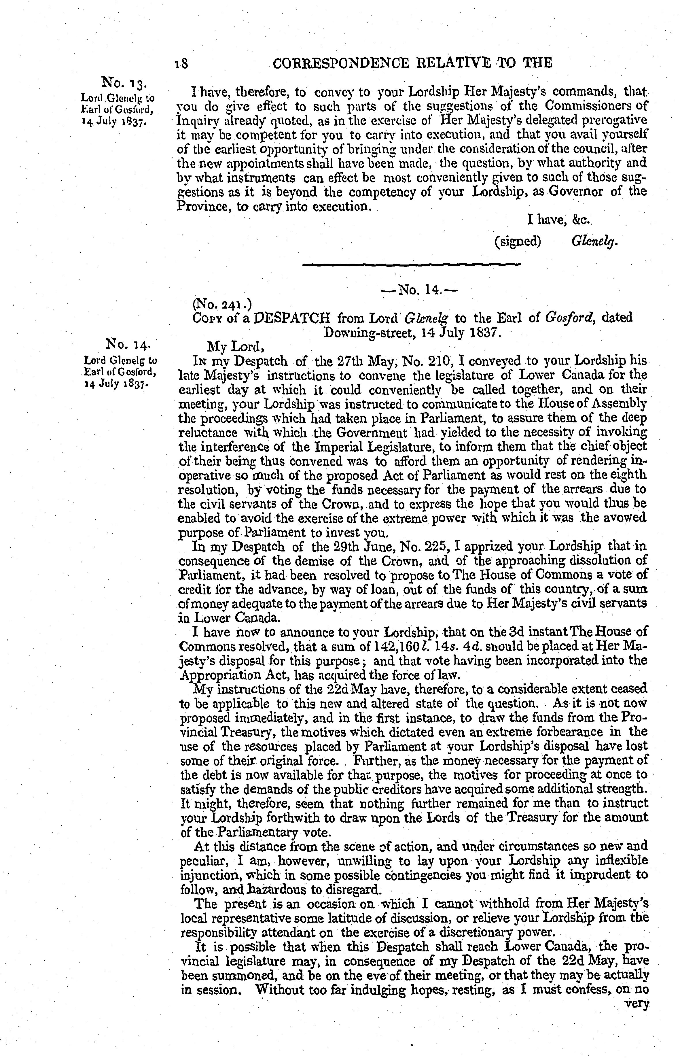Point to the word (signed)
tap(518, 242)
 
